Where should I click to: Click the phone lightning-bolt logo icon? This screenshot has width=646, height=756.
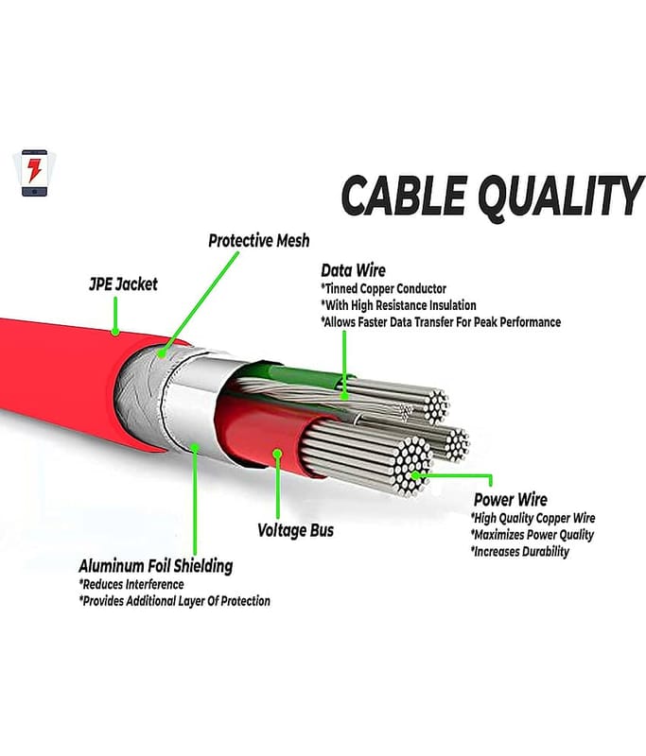pyautogui.click(x=35, y=173)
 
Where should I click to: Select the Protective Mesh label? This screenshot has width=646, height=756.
pyautogui.click(x=258, y=241)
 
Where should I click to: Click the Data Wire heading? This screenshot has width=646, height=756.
pyautogui.click(x=353, y=270)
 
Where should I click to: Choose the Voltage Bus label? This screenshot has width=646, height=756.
pyautogui.click(x=295, y=530)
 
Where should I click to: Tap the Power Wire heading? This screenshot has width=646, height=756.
pyautogui.click(x=510, y=500)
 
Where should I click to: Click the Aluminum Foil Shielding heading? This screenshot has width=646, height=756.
pyautogui.click(x=155, y=566)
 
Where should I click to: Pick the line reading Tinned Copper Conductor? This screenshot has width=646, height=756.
pyautogui.click(x=383, y=288)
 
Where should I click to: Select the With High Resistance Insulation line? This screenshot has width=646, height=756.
pyautogui.click(x=398, y=305)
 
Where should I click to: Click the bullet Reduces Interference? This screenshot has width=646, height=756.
pyautogui.click(x=132, y=584)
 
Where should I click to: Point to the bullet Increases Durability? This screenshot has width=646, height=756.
pyautogui.click(x=519, y=552)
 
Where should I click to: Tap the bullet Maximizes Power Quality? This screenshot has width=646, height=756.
pyautogui.click(x=532, y=535)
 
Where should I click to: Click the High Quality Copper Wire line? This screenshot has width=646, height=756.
pyautogui.click(x=533, y=518)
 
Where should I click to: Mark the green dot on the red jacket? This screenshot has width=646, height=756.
pyautogui.click(x=114, y=332)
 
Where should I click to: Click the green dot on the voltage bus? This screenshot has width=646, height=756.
pyautogui.click(x=278, y=455)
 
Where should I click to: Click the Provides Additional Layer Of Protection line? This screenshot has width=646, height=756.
pyautogui.click(x=174, y=601)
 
